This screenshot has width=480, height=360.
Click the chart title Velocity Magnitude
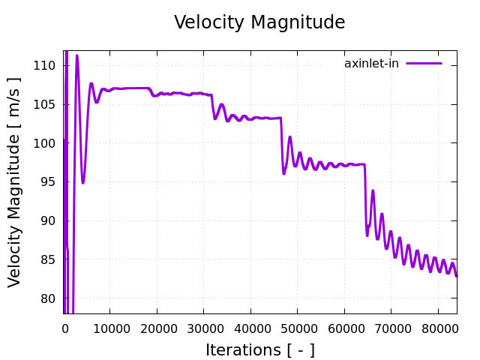click(x=259, y=22)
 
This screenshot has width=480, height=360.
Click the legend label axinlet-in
click(x=371, y=64)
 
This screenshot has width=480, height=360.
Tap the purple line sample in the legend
click(x=424, y=64)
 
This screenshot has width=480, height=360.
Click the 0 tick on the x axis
click(x=65, y=327)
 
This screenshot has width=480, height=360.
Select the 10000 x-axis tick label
click(x=109, y=327)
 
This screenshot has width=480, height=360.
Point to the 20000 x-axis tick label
click(x=157, y=327)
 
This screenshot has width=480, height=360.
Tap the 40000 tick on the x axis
click(x=250, y=327)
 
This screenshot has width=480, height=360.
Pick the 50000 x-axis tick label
click(x=298, y=327)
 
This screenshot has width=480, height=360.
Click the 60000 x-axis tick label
click(x=344, y=327)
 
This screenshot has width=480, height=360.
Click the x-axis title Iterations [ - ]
click(x=259, y=349)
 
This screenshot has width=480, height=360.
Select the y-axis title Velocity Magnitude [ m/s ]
click(x=15, y=182)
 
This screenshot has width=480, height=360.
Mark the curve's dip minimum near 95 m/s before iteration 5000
click(x=83, y=182)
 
